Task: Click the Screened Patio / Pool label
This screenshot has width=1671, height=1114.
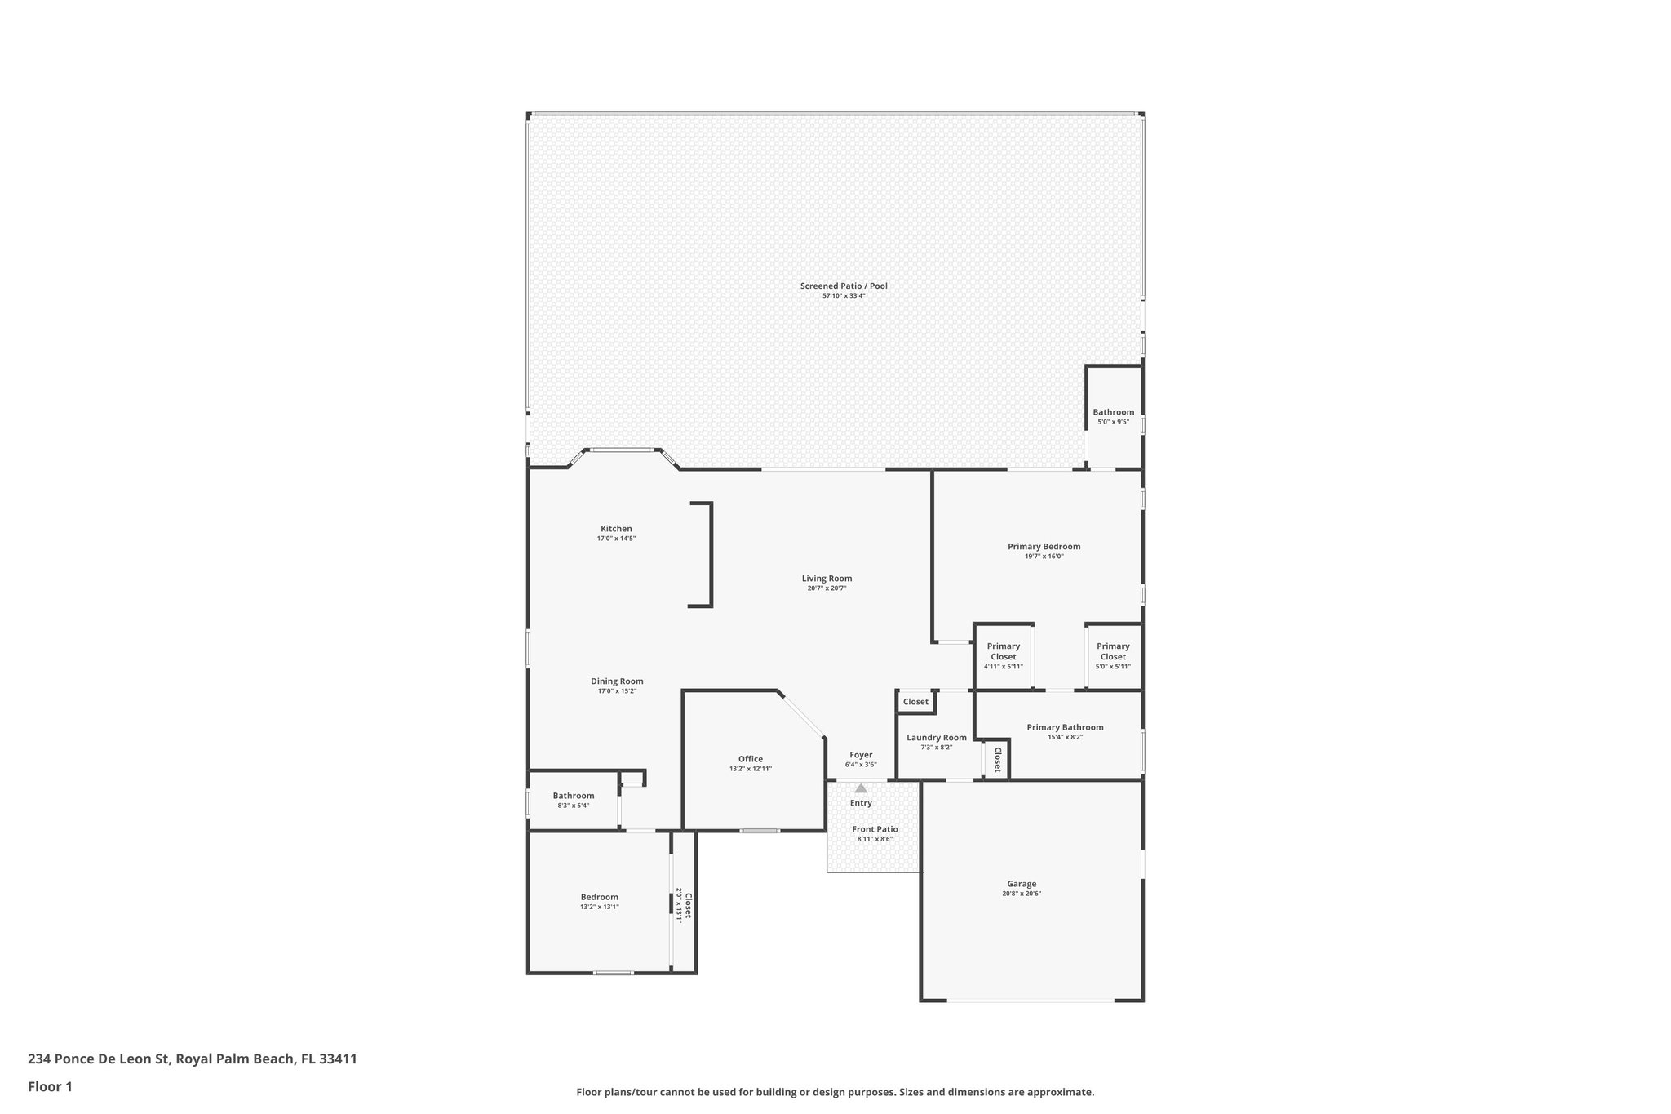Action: click(x=843, y=286)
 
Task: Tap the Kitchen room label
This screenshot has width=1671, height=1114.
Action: click(x=616, y=529)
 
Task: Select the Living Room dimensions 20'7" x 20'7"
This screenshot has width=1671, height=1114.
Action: click(x=827, y=588)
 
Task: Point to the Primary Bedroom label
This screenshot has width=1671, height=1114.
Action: click(x=1044, y=547)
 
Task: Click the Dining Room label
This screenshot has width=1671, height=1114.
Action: click(x=617, y=681)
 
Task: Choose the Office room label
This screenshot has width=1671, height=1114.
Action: click(x=750, y=759)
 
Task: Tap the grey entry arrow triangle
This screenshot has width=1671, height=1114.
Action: click(x=861, y=788)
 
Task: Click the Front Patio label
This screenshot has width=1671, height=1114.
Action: click(x=875, y=829)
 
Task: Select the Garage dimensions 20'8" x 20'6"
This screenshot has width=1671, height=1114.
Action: click(x=1022, y=894)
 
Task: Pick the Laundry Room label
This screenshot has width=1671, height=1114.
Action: click(x=936, y=738)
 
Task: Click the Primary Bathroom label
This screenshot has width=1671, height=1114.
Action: click(x=1065, y=727)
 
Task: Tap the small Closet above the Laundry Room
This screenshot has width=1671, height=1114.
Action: click(x=915, y=702)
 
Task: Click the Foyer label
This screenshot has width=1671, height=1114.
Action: click(x=861, y=755)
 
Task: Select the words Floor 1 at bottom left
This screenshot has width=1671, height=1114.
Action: click(x=50, y=1086)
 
